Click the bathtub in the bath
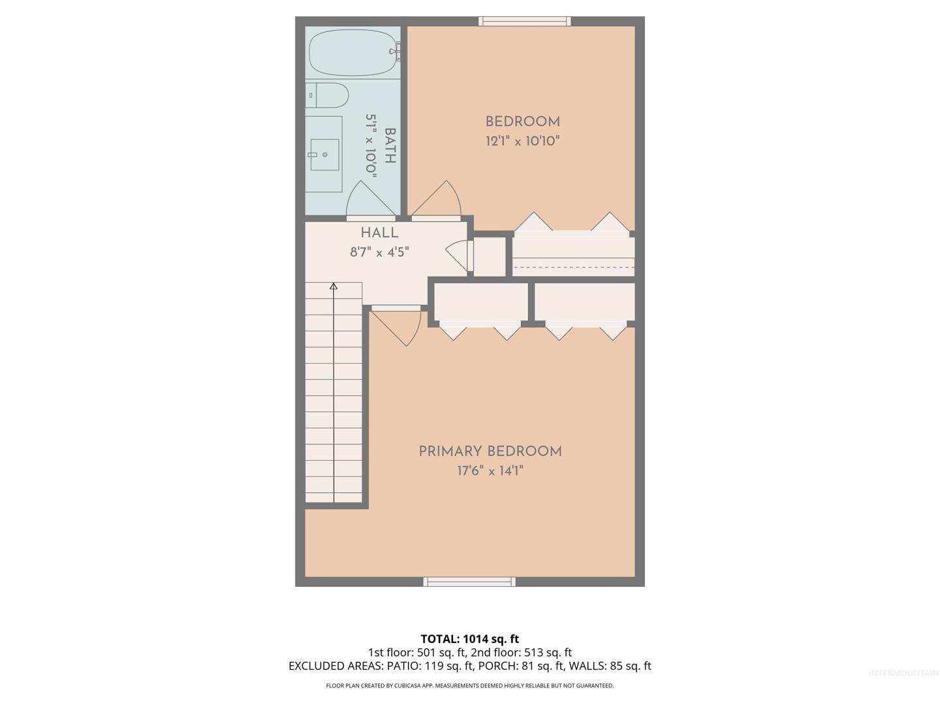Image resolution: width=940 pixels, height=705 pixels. pos(354,53)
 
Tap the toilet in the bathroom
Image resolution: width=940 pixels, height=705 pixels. pos(327,95)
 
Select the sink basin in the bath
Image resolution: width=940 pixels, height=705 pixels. pos(324,155)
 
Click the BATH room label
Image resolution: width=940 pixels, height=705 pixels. pos(390,146)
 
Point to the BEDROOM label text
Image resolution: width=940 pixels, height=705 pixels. pos(522,121)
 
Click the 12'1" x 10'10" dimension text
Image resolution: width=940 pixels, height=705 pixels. pos(522,141)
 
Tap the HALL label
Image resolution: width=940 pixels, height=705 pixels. pos(379,233)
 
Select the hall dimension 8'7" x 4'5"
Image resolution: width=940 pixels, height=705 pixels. pos(379,252)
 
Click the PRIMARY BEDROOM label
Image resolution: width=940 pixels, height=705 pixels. pos(490,451)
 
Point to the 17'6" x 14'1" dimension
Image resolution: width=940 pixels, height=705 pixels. pos(490,471)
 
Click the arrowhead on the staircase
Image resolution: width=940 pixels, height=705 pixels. pos(333,286)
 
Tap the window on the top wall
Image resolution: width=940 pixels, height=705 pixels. pos(524,22)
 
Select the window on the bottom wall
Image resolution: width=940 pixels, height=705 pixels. pos(469,581)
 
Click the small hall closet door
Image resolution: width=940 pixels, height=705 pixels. pos(460,255)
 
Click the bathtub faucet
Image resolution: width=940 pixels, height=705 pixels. pos(396,52)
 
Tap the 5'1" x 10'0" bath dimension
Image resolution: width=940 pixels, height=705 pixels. pos(371,146)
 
